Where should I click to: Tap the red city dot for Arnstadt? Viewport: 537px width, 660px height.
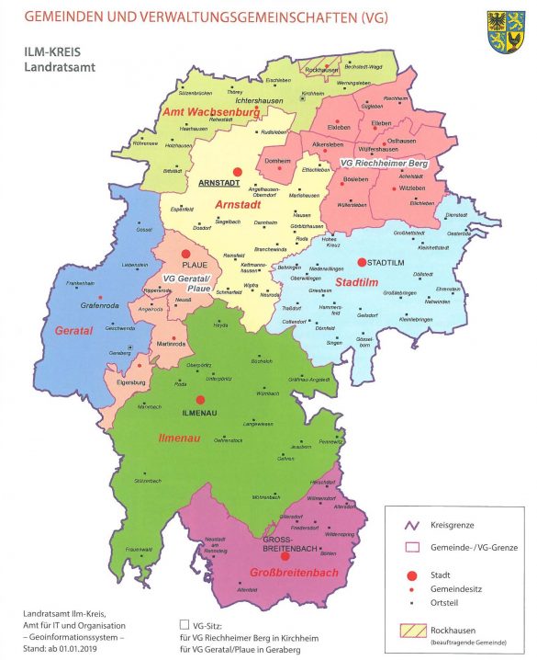(237, 171)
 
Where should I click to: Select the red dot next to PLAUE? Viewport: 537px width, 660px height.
(186, 254)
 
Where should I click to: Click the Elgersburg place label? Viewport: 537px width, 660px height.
(131, 381)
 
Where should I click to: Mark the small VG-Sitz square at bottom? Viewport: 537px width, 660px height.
(185, 622)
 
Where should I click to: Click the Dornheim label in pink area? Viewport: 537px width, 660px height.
(277, 161)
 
